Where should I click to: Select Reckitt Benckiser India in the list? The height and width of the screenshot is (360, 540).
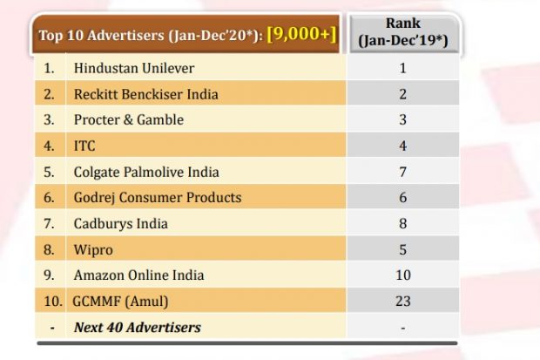tap(145, 93)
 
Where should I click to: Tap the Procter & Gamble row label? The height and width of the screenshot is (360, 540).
tap(129, 119)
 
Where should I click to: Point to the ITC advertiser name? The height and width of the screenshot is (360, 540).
tap(85, 146)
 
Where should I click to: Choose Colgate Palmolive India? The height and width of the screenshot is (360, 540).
tap(146, 172)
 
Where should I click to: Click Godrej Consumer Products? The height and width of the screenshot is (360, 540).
tap(157, 198)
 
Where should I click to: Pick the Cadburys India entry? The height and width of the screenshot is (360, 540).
tap(120, 224)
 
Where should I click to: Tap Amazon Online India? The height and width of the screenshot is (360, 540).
tap(138, 275)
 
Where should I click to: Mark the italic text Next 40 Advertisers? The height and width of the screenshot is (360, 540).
tap(137, 328)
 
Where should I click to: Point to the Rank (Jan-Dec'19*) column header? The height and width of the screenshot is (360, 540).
tap(403, 33)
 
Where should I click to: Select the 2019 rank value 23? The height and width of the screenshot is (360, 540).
tap(403, 302)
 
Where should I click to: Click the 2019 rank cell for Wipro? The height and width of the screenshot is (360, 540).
tap(403, 250)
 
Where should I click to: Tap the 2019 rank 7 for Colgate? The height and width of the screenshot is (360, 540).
tap(403, 172)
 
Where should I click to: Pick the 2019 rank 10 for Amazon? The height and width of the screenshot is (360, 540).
tap(403, 275)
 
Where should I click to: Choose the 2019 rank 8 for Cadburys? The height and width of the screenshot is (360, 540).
tap(403, 224)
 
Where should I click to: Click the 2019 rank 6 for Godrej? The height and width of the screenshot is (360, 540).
tap(403, 198)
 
